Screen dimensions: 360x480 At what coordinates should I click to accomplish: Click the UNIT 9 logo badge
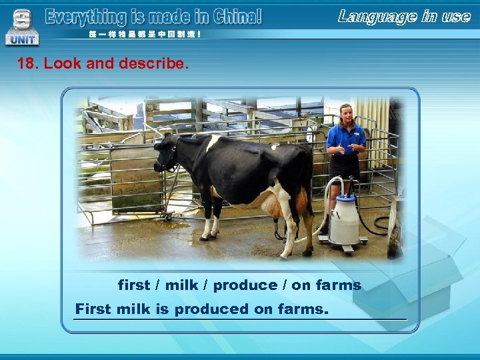22,25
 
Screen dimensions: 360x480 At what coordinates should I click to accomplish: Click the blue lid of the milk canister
345,198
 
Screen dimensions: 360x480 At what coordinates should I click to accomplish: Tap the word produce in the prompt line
245,285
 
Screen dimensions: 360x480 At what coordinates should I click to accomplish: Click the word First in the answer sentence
95,309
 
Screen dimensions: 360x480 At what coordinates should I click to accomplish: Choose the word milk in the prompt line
181,285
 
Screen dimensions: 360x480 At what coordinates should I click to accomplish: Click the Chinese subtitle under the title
144,34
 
